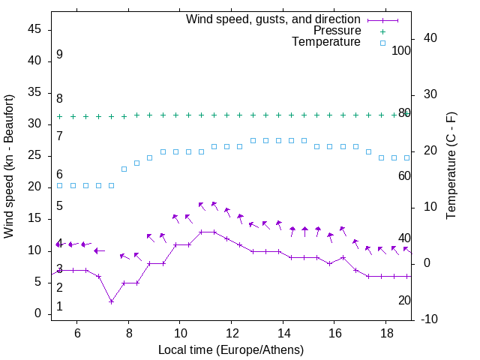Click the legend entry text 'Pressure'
[x=337, y=31]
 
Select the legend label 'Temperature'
[x=326, y=42]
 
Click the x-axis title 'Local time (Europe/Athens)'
[x=231, y=349]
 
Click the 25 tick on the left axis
[x=35, y=156]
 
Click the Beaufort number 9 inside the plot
[x=59, y=55]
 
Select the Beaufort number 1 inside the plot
[x=59, y=307]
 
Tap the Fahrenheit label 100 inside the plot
[x=401, y=50]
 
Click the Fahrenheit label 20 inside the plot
[x=404, y=300]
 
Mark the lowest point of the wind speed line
[x=111, y=301]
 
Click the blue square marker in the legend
[x=382, y=43]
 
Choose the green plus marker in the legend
[x=382, y=31]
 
